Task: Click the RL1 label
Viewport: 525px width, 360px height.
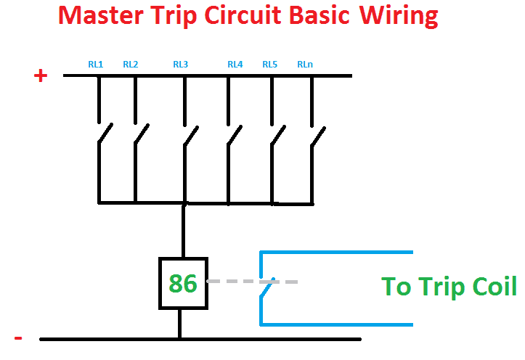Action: (x=96, y=65)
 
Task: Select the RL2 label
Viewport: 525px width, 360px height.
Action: (x=131, y=65)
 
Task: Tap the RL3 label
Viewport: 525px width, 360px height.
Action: (x=181, y=65)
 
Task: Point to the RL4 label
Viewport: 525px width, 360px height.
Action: (x=235, y=65)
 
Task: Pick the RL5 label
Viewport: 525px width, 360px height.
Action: (x=270, y=65)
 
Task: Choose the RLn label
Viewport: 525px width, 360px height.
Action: (x=305, y=65)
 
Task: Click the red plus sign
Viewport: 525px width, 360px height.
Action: (x=41, y=75)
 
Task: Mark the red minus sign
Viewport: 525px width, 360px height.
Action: (x=19, y=338)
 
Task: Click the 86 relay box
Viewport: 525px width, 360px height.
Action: (x=183, y=282)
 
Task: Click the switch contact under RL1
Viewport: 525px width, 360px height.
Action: (x=105, y=134)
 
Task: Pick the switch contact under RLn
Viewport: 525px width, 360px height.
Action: (x=319, y=134)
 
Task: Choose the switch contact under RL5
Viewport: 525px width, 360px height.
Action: (x=278, y=134)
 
